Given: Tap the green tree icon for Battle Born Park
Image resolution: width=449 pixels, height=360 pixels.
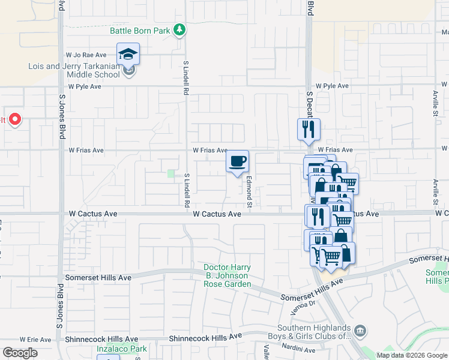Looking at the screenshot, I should (179, 29).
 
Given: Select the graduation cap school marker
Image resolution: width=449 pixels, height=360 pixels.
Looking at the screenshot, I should (128, 55).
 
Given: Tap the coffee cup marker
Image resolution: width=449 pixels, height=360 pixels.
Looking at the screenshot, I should (238, 161).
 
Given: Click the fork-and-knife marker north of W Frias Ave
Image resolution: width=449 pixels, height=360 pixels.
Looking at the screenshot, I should (309, 129).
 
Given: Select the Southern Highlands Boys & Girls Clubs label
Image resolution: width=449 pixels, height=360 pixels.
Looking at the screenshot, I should (313, 332).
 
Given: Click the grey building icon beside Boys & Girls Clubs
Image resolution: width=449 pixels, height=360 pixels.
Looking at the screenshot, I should (360, 329).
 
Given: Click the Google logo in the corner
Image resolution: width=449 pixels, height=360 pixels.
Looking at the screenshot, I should (19, 353).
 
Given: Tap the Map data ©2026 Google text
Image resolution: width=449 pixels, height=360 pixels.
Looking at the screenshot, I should (412, 355).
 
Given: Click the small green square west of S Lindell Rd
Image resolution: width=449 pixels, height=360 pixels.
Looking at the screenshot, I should (171, 174).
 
